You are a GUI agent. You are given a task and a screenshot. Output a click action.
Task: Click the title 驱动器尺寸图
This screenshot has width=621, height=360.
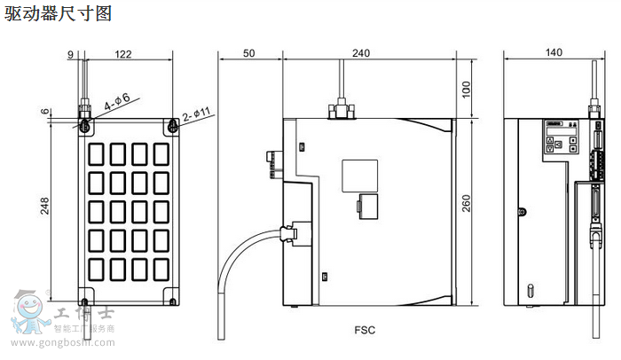tap(59, 15)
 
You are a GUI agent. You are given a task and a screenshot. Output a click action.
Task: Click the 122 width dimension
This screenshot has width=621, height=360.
tap(122, 54)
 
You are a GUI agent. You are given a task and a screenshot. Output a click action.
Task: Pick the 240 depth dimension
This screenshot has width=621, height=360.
tap(361, 54)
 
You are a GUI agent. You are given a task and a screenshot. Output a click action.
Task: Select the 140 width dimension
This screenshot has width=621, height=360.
tap(554, 54)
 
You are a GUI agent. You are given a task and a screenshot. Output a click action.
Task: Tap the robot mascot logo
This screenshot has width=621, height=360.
tap(28, 312)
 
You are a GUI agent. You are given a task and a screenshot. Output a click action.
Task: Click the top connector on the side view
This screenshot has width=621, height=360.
tap(340, 110)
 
